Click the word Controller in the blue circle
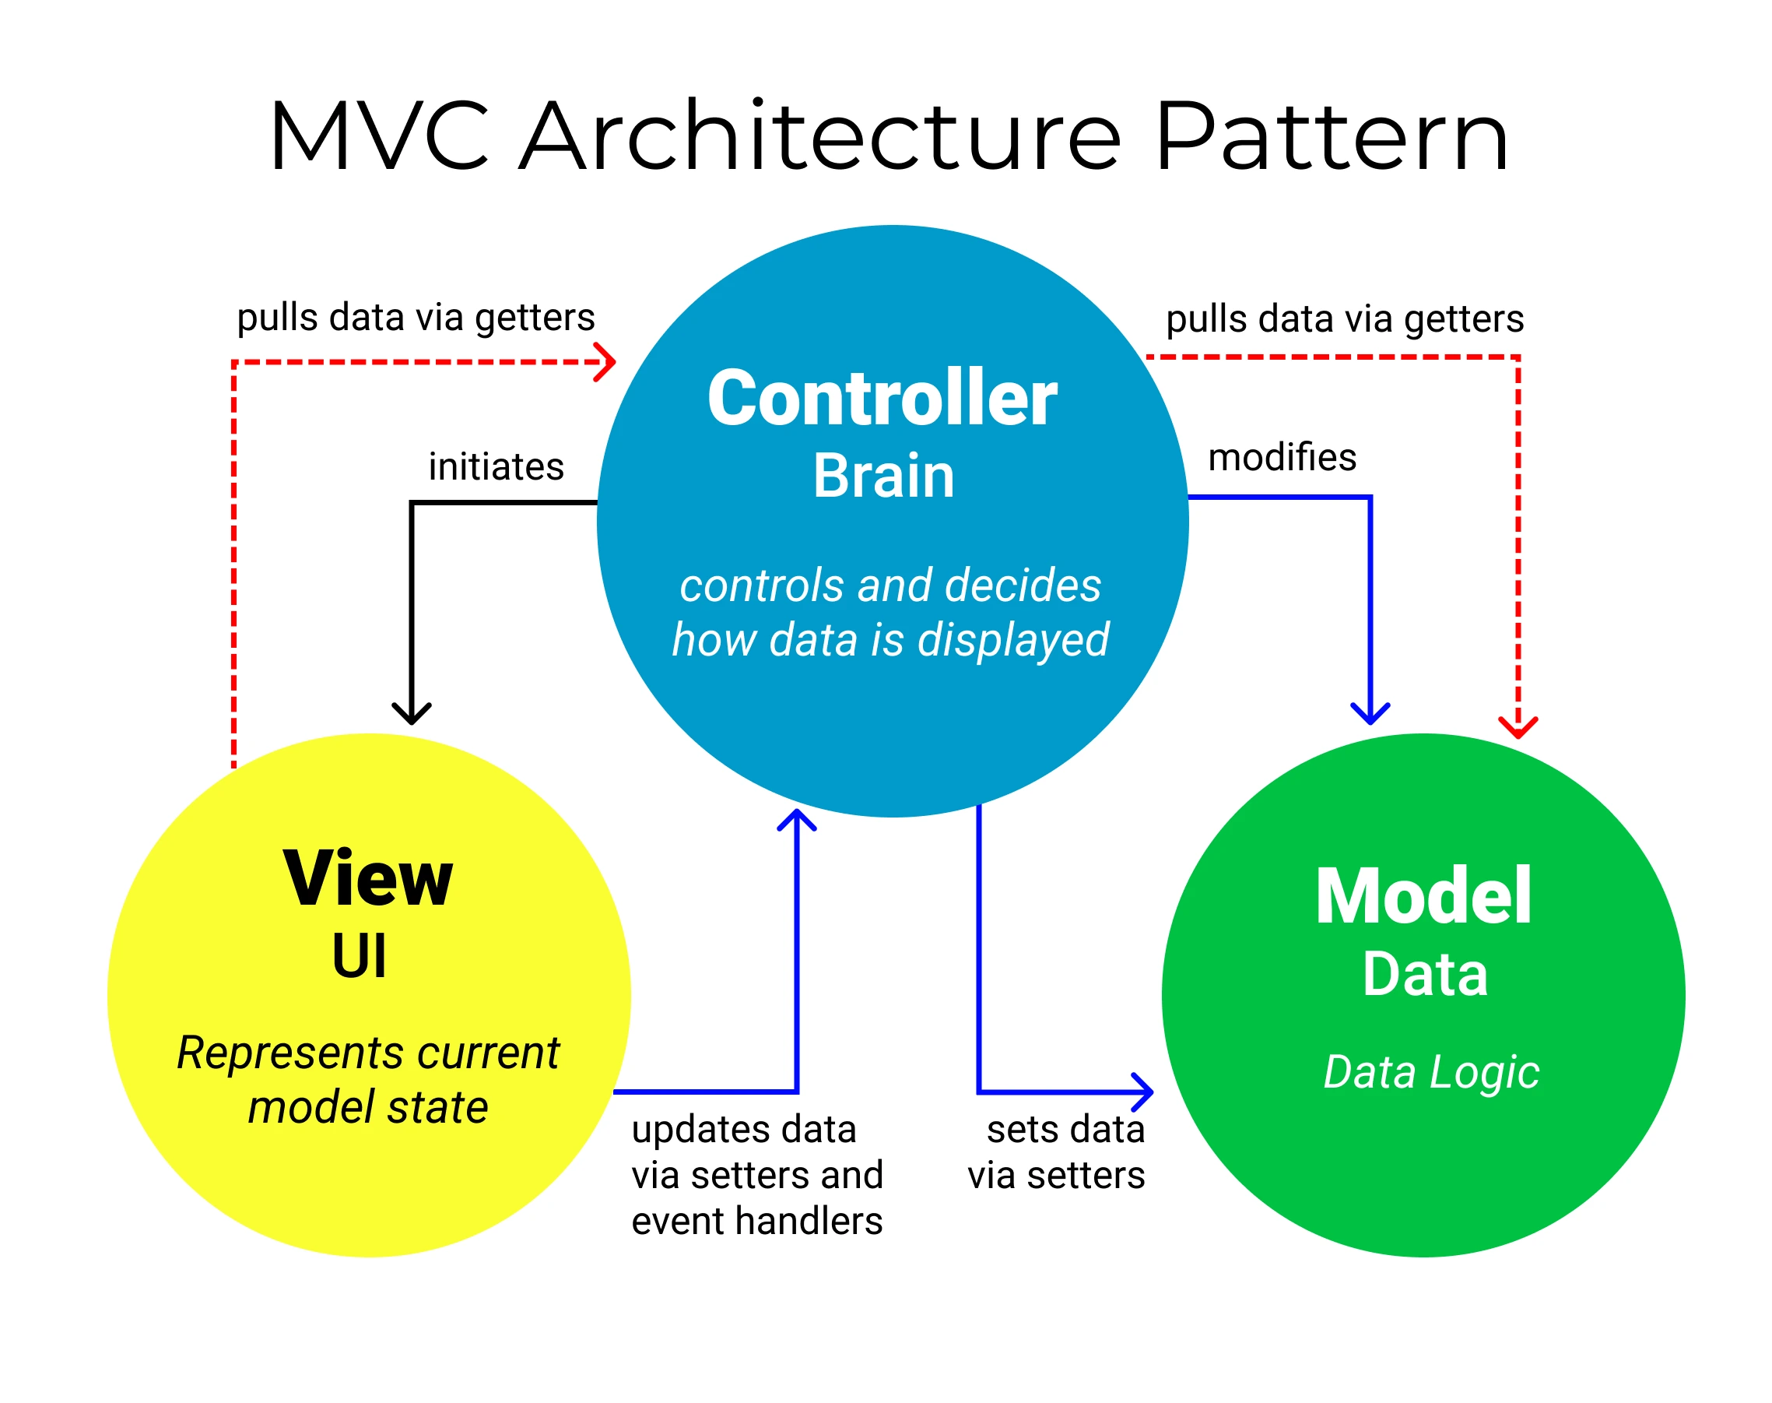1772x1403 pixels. click(882, 399)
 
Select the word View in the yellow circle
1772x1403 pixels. click(367, 880)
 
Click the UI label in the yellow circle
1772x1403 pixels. click(359, 957)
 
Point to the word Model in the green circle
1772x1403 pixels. click(1423, 898)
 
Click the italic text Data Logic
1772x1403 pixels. click(1430, 1072)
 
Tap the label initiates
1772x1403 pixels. click(496, 466)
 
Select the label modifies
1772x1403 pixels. click(1282, 457)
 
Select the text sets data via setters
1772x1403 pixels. click(1058, 1152)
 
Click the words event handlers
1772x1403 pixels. click(756, 1221)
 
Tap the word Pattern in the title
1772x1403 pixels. click(1330, 136)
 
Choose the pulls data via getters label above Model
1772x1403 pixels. click(1344, 318)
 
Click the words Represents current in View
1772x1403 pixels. click(368, 1053)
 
